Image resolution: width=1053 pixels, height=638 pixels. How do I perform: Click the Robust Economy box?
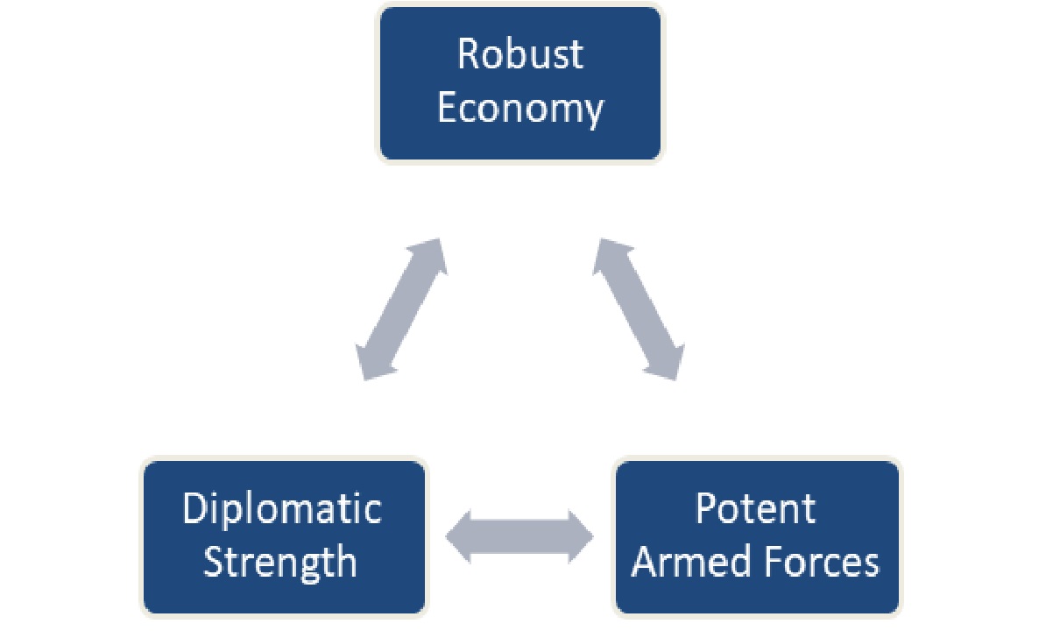point(520,83)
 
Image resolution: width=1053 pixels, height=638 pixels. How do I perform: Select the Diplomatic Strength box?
point(283,536)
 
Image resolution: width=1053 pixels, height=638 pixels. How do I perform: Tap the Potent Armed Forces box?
point(756,536)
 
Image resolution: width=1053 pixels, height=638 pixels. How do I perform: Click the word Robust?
point(519,54)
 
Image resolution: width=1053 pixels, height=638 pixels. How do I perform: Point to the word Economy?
point(520,110)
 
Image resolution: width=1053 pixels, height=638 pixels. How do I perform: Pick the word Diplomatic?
point(282,509)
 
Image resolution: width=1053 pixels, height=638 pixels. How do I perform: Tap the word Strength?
point(280,562)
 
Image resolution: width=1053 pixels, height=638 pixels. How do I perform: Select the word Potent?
point(755,509)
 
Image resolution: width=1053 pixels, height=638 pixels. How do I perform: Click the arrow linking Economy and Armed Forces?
point(639,308)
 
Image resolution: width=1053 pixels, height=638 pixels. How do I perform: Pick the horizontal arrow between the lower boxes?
point(520,535)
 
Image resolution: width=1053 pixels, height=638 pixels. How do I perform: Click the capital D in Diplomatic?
point(194,509)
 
